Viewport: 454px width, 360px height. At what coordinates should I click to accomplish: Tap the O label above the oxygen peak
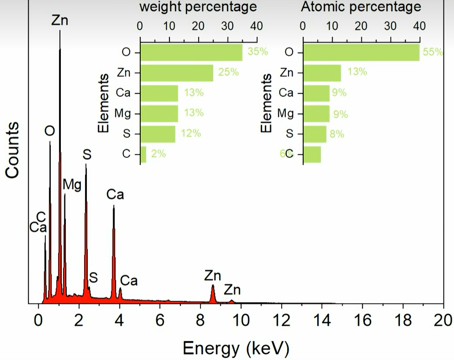pyautogui.click(x=50, y=131)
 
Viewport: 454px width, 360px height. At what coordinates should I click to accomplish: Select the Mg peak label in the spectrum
pyautogui.click(x=72, y=184)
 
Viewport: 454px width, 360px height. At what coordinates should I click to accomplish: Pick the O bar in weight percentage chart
pyautogui.click(x=191, y=52)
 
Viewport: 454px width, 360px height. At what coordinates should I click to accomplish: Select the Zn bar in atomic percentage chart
pyautogui.click(x=322, y=73)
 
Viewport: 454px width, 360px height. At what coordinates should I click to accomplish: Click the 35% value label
pyautogui.click(x=258, y=52)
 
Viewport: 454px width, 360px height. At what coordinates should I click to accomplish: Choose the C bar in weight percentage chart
pyautogui.click(x=144, y=154)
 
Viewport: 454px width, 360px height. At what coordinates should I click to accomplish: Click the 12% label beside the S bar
pyautogui.click(x=190, y=133)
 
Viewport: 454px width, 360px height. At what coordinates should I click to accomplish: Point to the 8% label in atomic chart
pyautogui.click(x=337, y=134)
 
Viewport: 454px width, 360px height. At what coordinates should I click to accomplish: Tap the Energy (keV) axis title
pyautogui.click(x=235, y=349)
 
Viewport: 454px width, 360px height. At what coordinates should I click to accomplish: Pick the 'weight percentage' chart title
pyautogui.click(x=198, y=7)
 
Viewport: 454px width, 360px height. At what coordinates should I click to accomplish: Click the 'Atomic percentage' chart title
pyautogui.click(x=361, y=7)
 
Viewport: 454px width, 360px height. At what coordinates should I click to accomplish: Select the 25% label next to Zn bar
pyautogui.click(x=229, y=72)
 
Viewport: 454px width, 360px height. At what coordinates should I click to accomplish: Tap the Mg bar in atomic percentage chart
pyautogui.click(x=316, y=113)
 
